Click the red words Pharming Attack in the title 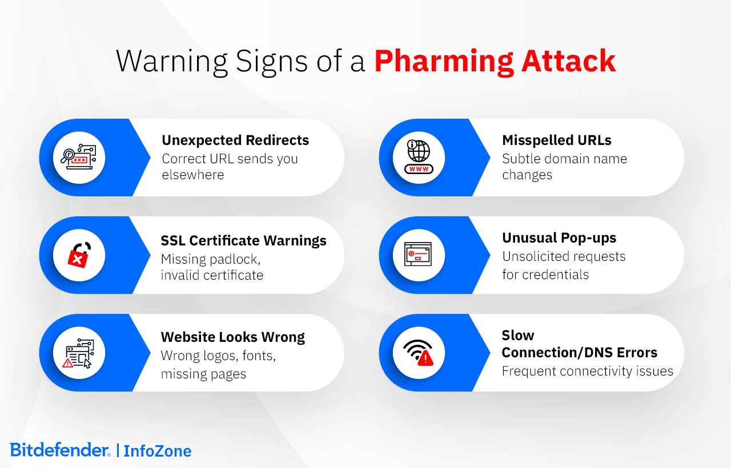tap(495, 61)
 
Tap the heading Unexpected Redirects tap(235, 140)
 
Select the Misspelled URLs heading tap(557, 140)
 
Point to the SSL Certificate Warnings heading tap(243, 241)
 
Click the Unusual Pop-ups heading tap(559, 238)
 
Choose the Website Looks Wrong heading tap(232, 337)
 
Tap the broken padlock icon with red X tap(79, 255)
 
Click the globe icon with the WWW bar tap(419, 158)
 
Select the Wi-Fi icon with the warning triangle tap(419, 353)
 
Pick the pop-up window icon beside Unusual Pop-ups tap(419, 255)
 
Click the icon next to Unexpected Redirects tap(79, 158)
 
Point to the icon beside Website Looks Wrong tap(79, 353)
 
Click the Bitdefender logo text tap(60, 450)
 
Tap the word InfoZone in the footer tap(158, 451)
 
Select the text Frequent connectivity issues tap(587, 371)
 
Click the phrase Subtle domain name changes tap(564, 167)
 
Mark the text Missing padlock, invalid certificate tap(212, 267)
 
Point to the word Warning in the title tap(175, 61)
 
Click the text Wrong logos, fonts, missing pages tap(218, 365)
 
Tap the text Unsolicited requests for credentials tap(564, 265)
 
